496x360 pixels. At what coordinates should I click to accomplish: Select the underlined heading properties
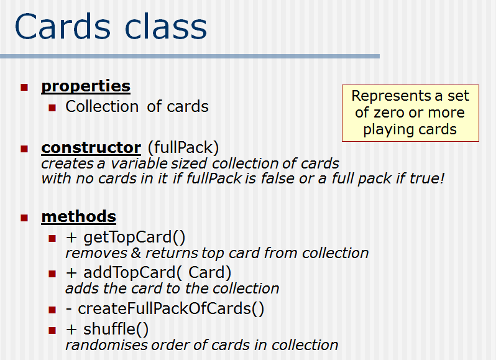86,86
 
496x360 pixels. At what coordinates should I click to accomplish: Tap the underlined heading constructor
91,148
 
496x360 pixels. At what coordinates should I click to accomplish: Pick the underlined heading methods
78,216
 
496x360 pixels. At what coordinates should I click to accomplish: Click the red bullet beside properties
24,87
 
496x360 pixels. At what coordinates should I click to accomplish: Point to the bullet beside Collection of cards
52,108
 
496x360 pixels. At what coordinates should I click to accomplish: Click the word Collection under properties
103,106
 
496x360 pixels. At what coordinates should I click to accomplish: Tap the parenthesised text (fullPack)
183,148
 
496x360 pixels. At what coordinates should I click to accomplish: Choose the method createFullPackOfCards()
171,309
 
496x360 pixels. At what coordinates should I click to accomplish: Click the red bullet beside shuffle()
52,330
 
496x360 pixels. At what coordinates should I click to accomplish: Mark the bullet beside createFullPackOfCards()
52,310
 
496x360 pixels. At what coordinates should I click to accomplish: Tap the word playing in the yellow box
387,129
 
